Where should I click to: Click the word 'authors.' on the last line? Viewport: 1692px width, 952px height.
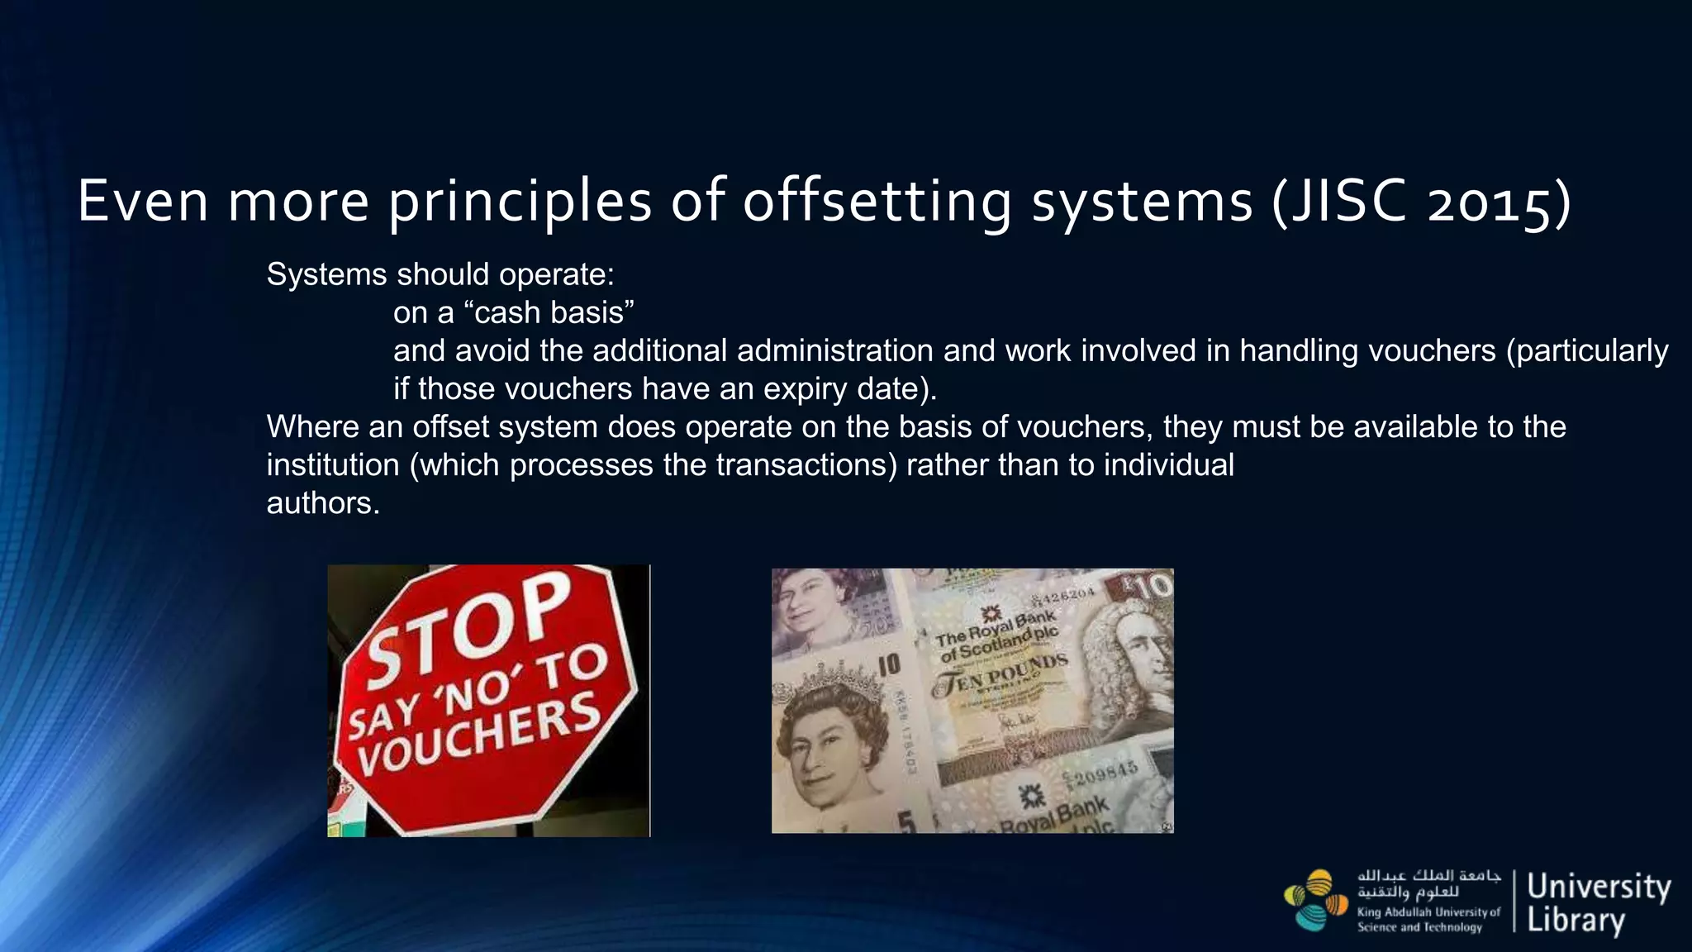pyautogui.click(x=323, y=503)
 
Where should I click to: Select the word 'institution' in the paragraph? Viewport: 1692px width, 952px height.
pyautogui.click(x=333, y=465)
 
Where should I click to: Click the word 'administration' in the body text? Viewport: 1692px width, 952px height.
pyautogui.click(x=834, y=351)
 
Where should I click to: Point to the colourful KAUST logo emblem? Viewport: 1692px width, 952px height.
pyautogui.click(x=1315, y=900)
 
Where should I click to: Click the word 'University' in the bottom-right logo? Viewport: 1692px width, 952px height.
pyautogui.click(x=1599, y=887)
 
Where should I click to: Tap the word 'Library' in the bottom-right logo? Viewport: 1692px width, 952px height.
pyautogui.click(x=1576, y=920)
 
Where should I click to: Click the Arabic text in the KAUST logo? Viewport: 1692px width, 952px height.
pyautogui.click(x=1428, y=883)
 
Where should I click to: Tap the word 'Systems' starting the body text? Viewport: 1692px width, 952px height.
pyautogui.click(x=326, y=275)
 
